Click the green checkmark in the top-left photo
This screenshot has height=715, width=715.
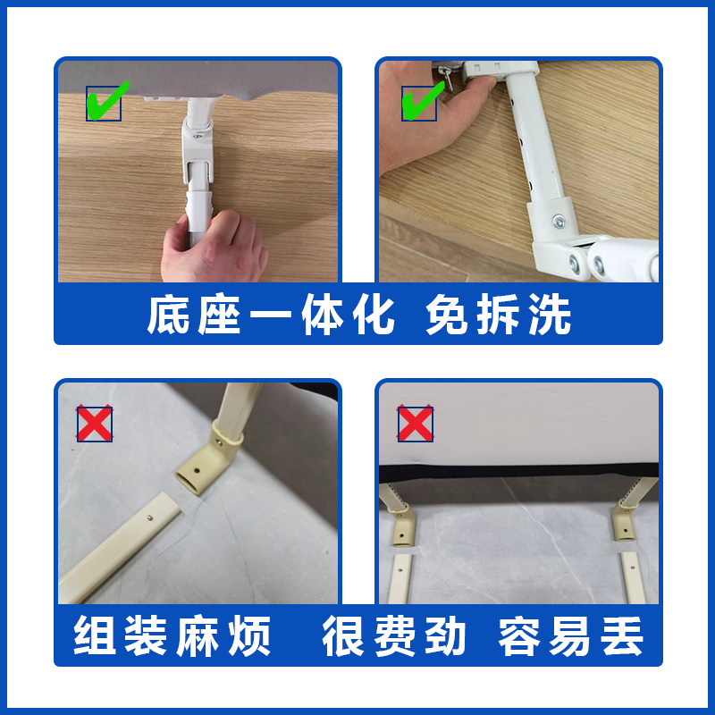point(106,102)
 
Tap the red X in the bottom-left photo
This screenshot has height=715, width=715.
point(95,424)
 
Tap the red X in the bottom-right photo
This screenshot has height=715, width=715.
point(415,424)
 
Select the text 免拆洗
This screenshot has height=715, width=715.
point(498,315)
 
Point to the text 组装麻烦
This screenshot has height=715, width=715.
point(172,636)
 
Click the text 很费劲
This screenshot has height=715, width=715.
point(394,636)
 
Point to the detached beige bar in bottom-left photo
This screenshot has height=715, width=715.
point(121,545)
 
